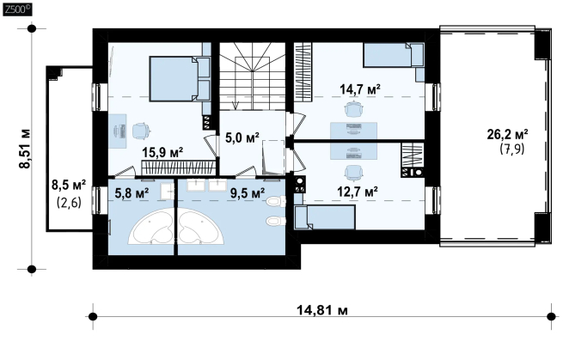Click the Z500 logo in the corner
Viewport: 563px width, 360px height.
point(17,9)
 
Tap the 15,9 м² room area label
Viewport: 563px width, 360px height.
point(162,153)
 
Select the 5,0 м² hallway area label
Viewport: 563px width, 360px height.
point(242,137)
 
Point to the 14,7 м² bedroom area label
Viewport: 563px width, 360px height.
point(360,89)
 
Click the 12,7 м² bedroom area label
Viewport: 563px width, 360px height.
point(358,192)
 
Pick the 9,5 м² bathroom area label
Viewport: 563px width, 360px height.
point(248,193)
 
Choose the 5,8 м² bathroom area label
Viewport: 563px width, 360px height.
point(132,194)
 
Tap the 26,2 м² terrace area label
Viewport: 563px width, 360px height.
point(507,134)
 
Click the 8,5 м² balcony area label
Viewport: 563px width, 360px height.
point(69,186)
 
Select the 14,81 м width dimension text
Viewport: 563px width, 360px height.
point(322,309)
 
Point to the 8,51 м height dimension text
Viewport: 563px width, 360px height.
point(25,149)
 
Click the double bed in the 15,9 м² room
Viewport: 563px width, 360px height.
point(180,78)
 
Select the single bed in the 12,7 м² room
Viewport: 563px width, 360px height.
point(325,217)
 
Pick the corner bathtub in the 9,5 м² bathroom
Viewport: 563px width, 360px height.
point(201,227)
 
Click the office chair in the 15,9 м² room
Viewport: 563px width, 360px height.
point(141,131)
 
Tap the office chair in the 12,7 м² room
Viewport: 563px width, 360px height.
point(353,174)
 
